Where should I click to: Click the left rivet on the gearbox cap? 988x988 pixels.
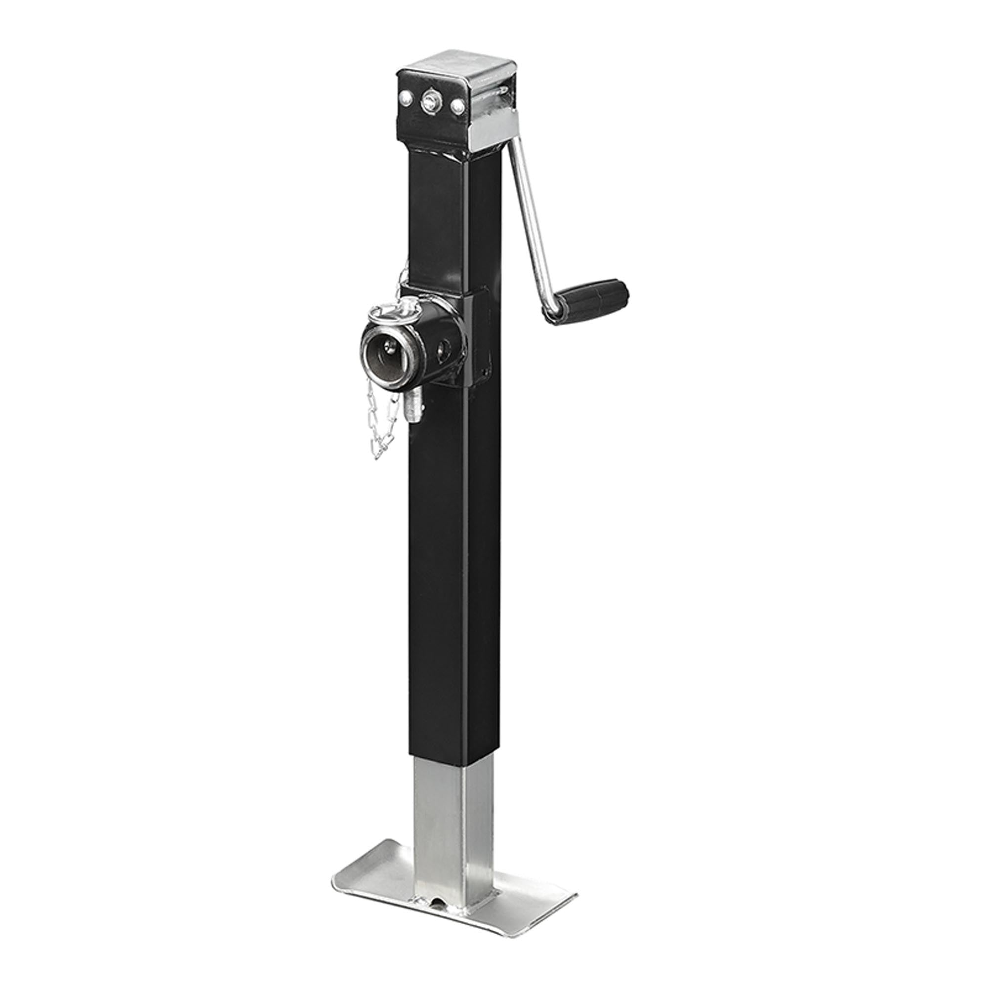tap(407, 96)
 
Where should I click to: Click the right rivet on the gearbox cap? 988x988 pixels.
tap(457, 106)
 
